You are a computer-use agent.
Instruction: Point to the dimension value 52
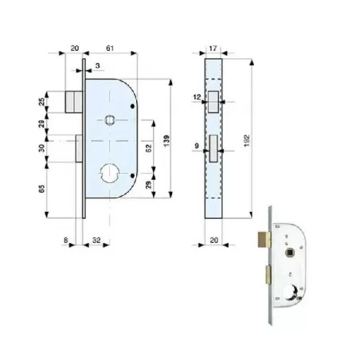coord(150,148)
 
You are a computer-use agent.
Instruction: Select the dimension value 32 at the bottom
coord(96,237)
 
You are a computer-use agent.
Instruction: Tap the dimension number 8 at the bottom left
coord(65,237)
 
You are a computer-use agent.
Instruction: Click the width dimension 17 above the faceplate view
coord(213,49)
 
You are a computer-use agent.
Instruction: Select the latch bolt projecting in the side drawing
coord(72,101)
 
